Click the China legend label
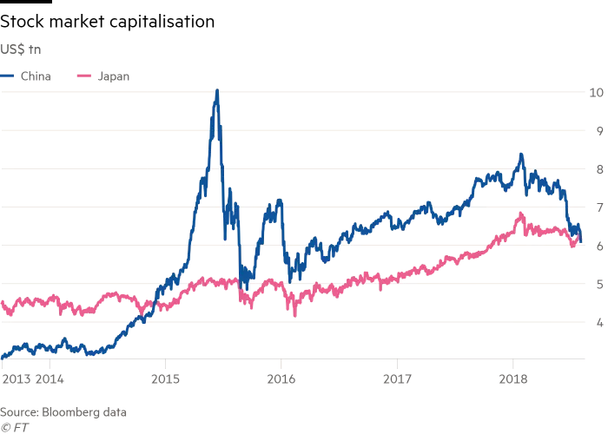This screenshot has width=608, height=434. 36,76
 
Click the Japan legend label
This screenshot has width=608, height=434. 113,76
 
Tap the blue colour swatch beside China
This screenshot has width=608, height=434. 8,76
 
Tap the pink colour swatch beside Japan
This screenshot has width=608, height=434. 85,76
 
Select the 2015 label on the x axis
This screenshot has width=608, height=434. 166,378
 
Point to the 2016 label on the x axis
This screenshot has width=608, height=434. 281,378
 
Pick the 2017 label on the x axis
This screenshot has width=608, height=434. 397,378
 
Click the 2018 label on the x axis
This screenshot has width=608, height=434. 512,378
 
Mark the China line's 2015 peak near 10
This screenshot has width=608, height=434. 216,90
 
